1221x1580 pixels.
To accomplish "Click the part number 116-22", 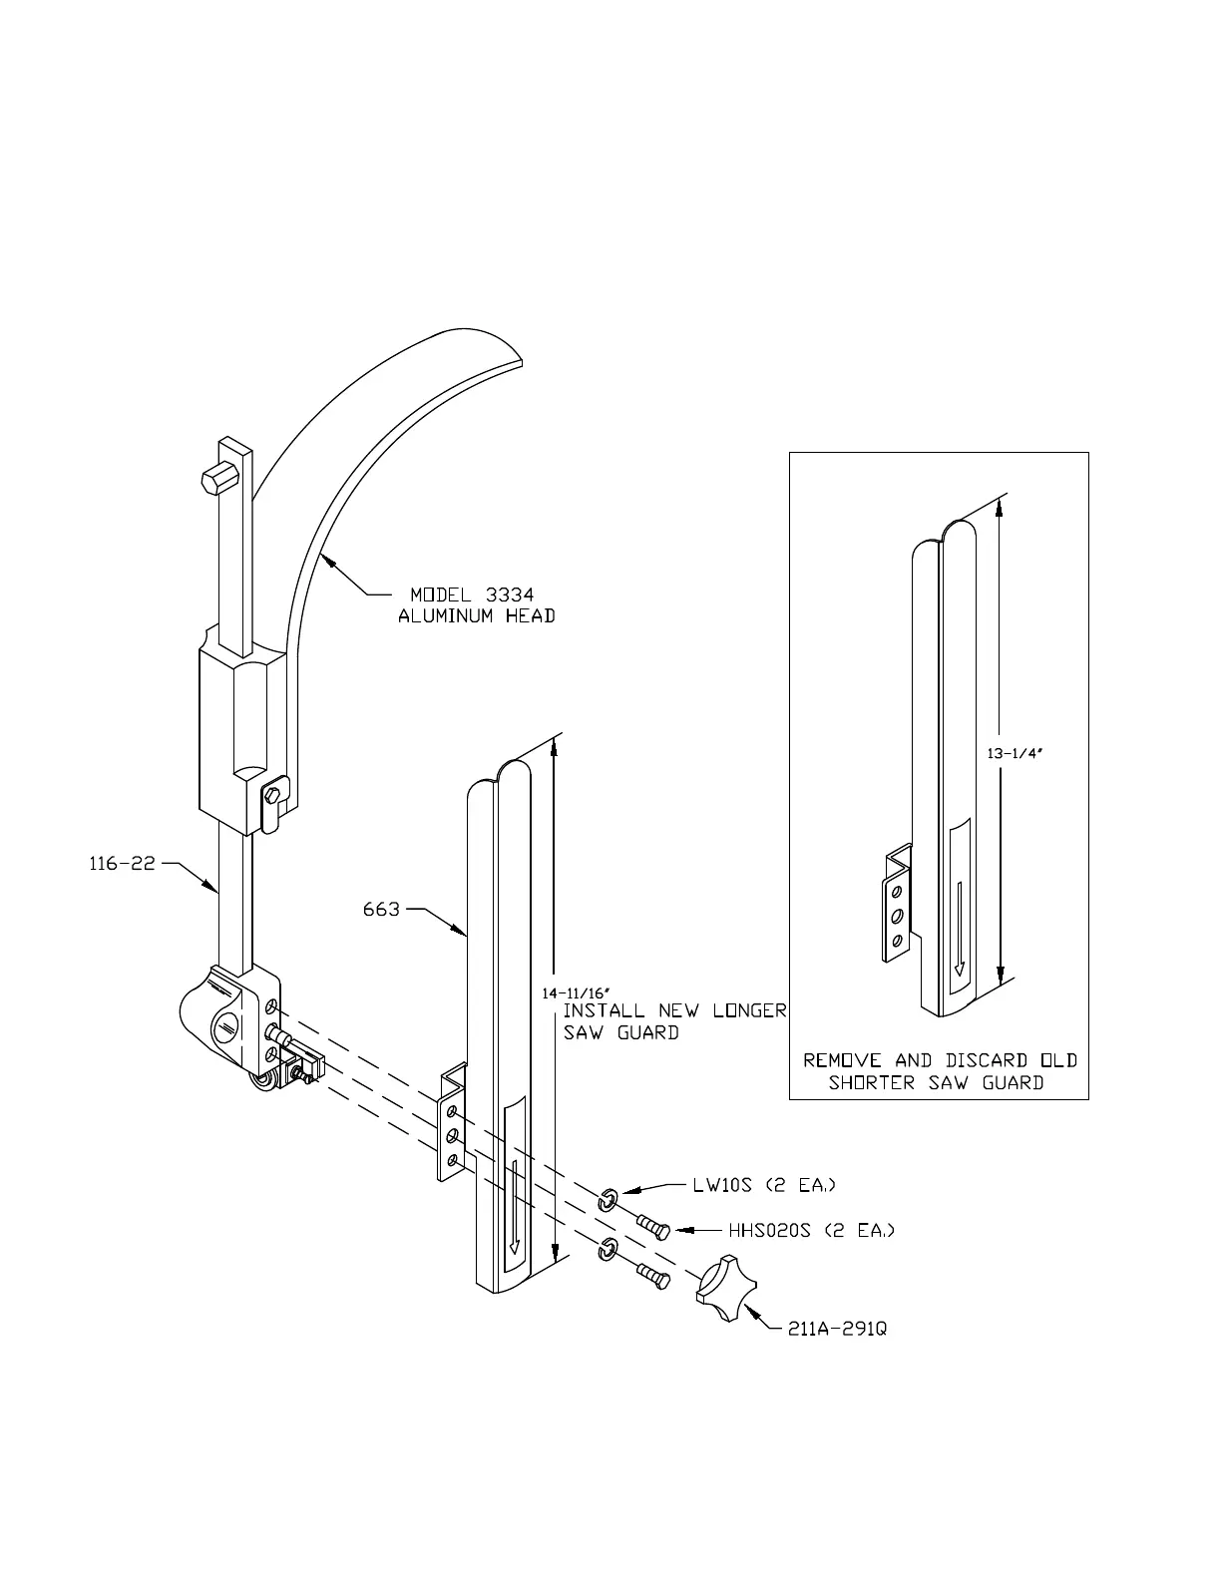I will tap(123, 864).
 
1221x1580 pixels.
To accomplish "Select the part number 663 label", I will tap(381, 910).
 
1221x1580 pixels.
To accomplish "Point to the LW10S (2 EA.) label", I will tap(764, 1186).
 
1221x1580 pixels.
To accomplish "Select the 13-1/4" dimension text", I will tap(1014, 755).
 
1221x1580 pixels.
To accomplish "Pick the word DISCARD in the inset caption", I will tap(983, 1060).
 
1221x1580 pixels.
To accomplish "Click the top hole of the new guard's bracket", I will tap(453, 1111).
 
